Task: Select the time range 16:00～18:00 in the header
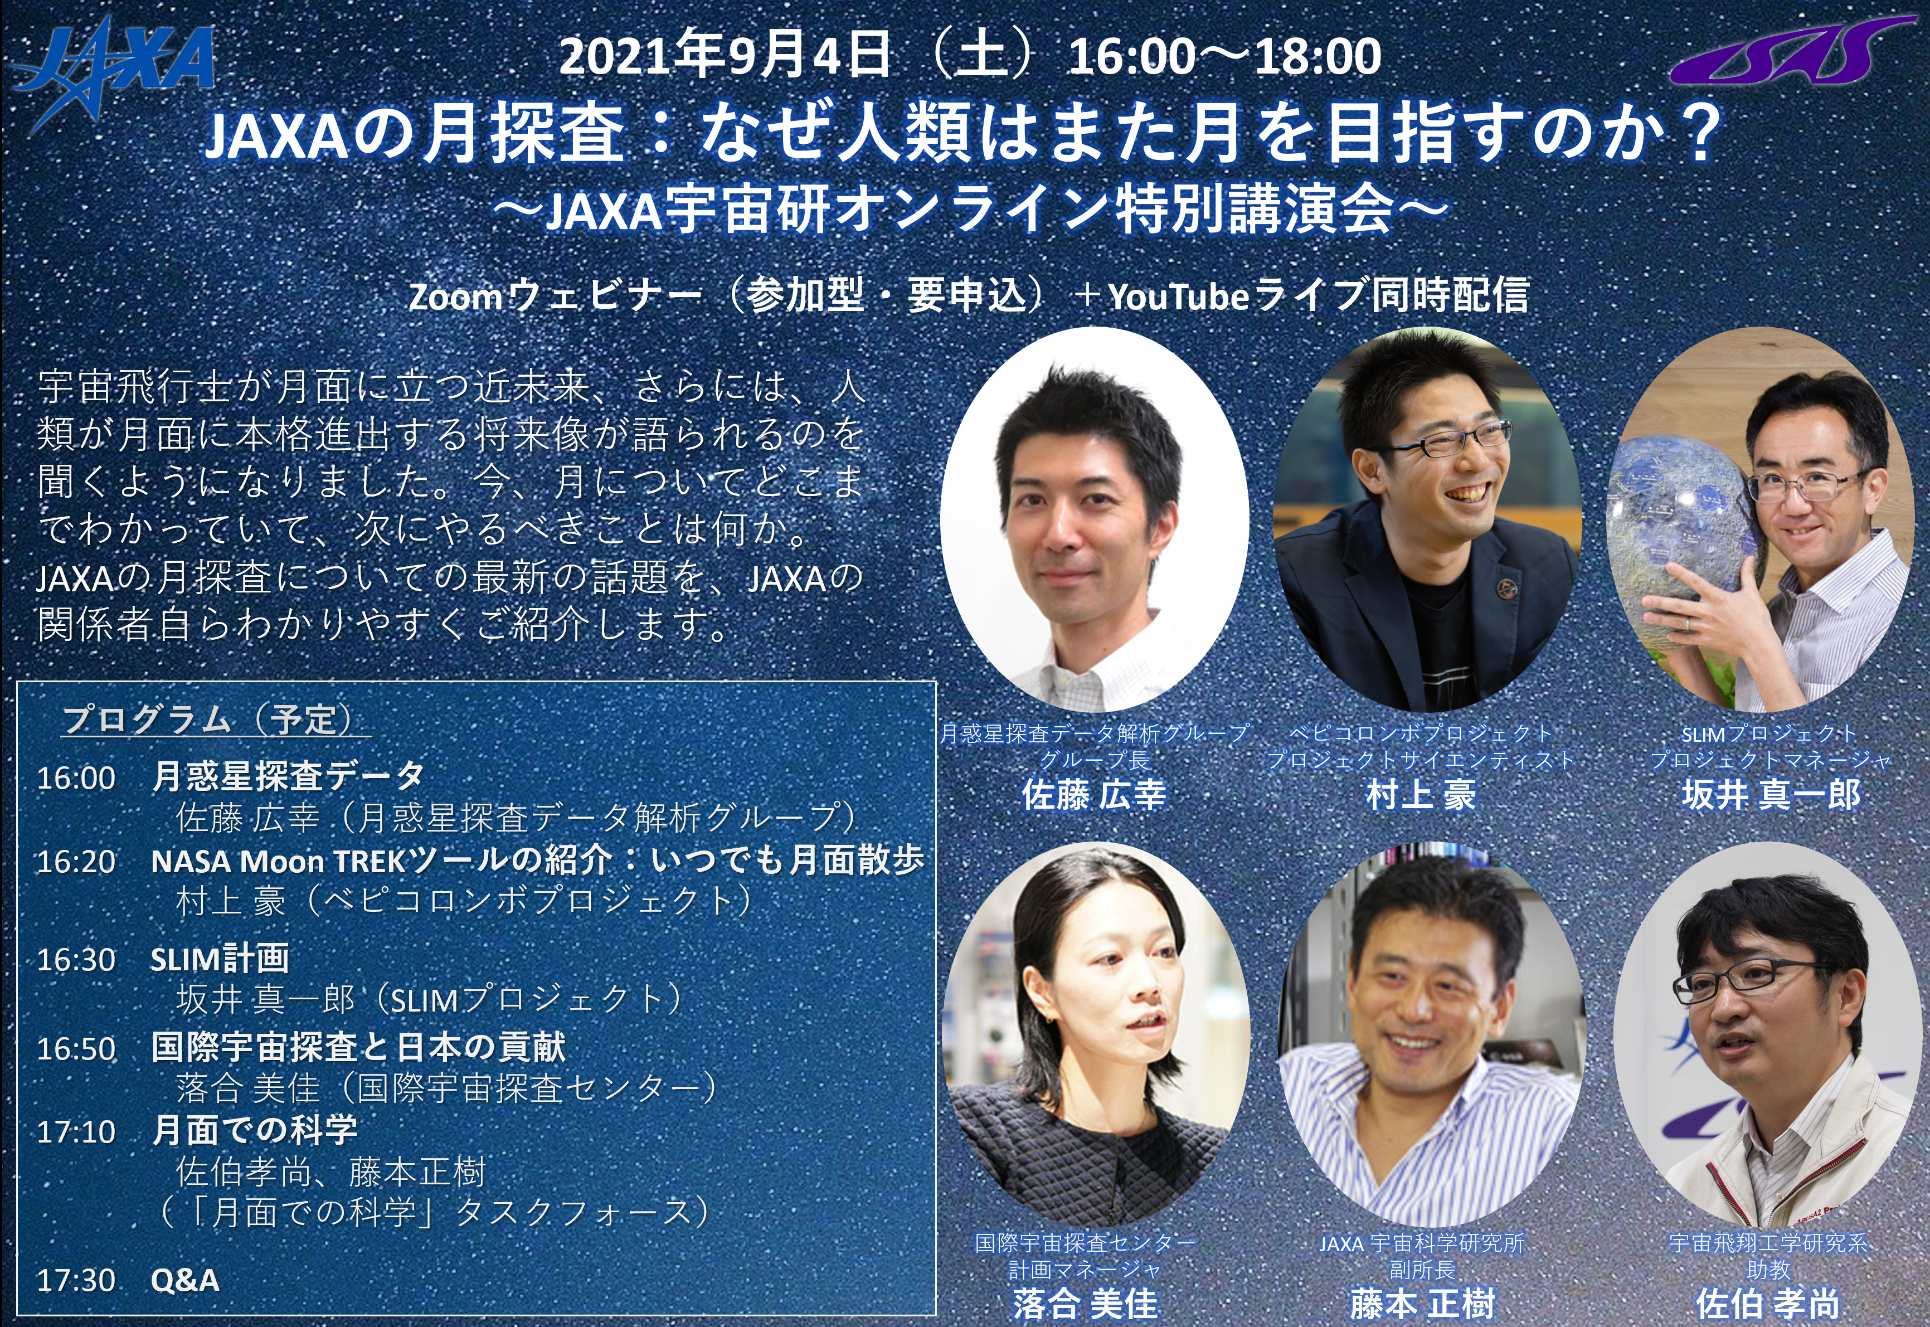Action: (1224, 56)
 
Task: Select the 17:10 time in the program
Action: (76, 1131)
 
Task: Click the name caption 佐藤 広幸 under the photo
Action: (1093, 795)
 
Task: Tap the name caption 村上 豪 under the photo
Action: (1421, 795)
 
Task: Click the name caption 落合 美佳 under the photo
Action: (1085, 1303)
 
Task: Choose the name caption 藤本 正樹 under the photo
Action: (1422, 1303)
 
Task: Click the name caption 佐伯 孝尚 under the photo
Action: (1768, 1303)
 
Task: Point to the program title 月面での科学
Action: (255, 1131)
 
